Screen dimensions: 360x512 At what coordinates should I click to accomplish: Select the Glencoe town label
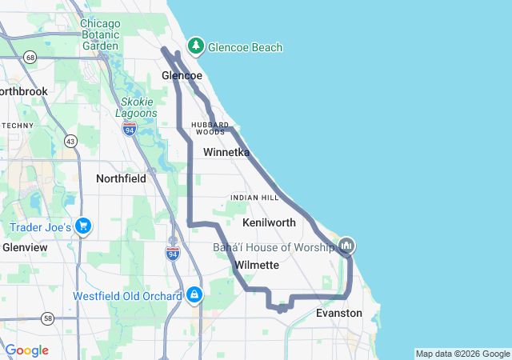182,75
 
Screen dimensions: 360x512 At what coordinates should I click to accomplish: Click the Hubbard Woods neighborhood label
210,128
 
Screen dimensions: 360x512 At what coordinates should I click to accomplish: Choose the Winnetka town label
226,152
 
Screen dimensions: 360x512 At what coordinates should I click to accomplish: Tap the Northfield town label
121,178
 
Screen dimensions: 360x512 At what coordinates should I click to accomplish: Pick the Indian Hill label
254,198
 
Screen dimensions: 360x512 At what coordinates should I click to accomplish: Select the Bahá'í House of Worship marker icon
346,245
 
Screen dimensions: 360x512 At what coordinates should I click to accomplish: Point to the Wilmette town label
256,265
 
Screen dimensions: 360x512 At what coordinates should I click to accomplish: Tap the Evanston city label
339,313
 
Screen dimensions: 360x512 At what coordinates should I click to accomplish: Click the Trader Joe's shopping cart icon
82,227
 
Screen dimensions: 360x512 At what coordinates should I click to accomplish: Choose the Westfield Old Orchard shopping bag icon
194,295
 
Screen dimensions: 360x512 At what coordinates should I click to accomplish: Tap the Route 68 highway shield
30,57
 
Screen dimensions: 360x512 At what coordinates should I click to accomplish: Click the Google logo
26,350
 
